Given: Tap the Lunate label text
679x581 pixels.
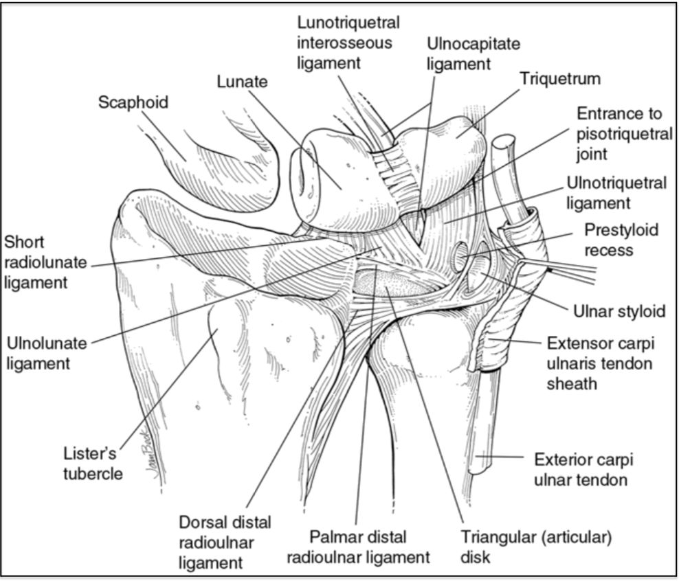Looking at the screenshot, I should [x=242, y=82].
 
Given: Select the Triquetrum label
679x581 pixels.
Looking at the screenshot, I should [x=560, y=78].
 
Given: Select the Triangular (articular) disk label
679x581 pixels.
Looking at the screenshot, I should [x=536, y=546].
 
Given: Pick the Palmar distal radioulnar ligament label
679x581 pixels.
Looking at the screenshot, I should [x=357, y=546].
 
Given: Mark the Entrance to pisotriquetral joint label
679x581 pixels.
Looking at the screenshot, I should [x=624, y=133].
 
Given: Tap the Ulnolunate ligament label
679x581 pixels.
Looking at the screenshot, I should [x=49, y=352].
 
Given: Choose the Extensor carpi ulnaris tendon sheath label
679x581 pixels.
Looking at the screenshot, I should [x=599, y=363].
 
